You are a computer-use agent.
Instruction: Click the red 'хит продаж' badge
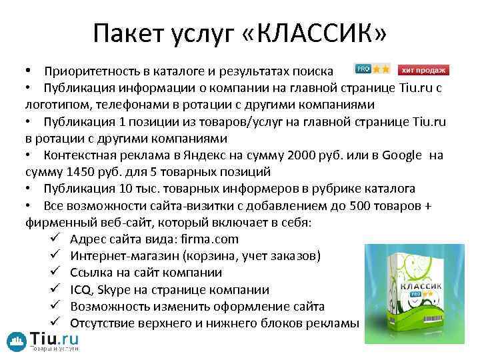(x=423, y=70)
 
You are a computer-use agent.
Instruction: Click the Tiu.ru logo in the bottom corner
(x=43, y=341)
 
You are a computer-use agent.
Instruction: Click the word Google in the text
(x=402, y=155)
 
